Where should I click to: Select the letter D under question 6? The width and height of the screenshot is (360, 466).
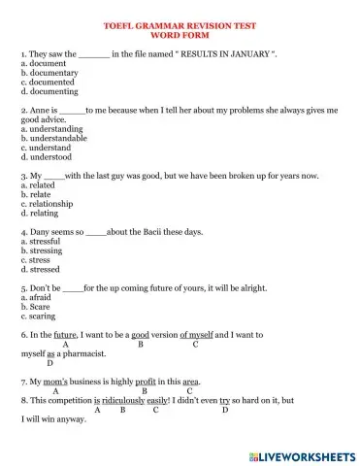point(49,363)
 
